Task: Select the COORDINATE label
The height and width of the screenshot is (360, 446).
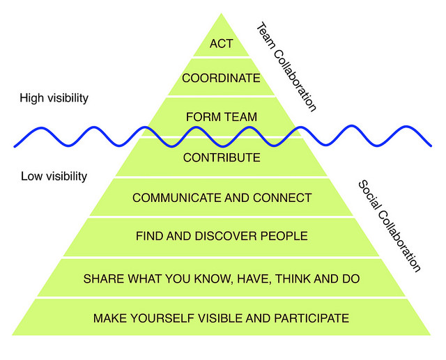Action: click(222, 79)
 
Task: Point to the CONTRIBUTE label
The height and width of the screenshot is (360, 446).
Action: click(222, 158)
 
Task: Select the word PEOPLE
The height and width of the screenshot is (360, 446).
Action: click(283, 237)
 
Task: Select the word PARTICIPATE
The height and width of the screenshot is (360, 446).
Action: click(311, 319)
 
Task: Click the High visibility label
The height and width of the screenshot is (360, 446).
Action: click(54, 98)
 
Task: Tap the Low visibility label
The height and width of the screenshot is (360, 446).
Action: click(54, 176)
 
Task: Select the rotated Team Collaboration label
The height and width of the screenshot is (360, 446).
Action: click(286, 67)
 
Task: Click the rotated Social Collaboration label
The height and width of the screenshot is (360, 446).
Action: click(389, 226)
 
